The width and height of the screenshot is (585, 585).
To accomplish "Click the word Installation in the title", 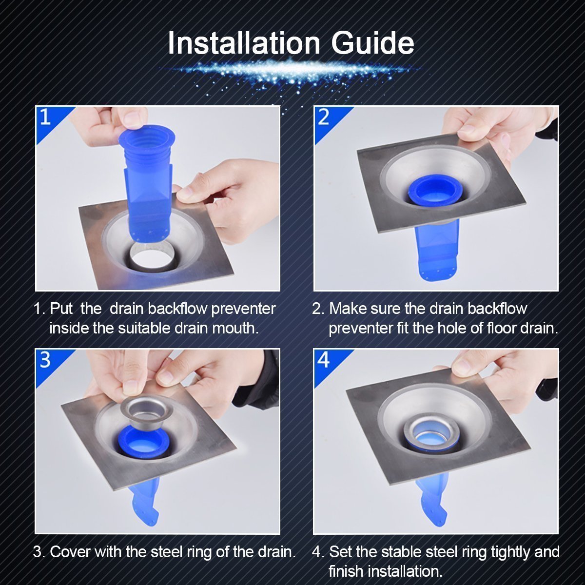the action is pos(244,43).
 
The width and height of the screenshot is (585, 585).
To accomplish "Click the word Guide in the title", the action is pos(372,43).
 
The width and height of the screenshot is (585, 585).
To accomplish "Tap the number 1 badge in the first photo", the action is pos(45,117).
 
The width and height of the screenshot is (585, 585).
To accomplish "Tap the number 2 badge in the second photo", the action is pos(324,117).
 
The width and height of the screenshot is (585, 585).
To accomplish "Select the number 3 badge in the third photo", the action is pos(45,360).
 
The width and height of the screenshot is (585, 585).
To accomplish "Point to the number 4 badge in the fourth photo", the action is pos(324,360).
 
